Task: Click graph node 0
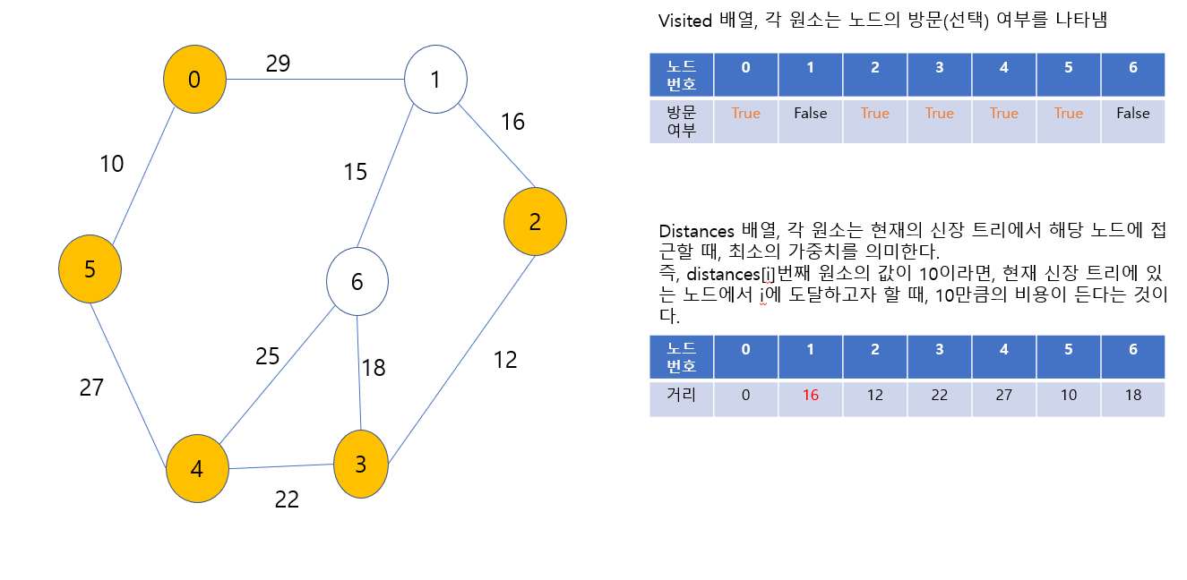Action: [194, 80]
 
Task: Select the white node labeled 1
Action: [435, 80]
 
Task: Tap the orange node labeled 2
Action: [535, 222]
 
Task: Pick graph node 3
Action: [361, 465]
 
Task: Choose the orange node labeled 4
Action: [197, 468]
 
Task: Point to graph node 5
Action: [90, 269]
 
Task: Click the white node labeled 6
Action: [357, 282]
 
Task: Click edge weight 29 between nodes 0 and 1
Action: [278, 64]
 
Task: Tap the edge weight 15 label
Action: [356, 172]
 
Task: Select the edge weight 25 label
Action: [268, 356]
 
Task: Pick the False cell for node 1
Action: [811, 114]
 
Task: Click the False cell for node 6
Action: [1133, 114]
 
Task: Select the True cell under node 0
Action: [745, 114]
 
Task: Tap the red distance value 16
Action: [811, 395]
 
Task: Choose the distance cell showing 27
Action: [1004, 395]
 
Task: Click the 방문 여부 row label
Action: [682, 121]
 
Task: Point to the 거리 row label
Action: [682, 395]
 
